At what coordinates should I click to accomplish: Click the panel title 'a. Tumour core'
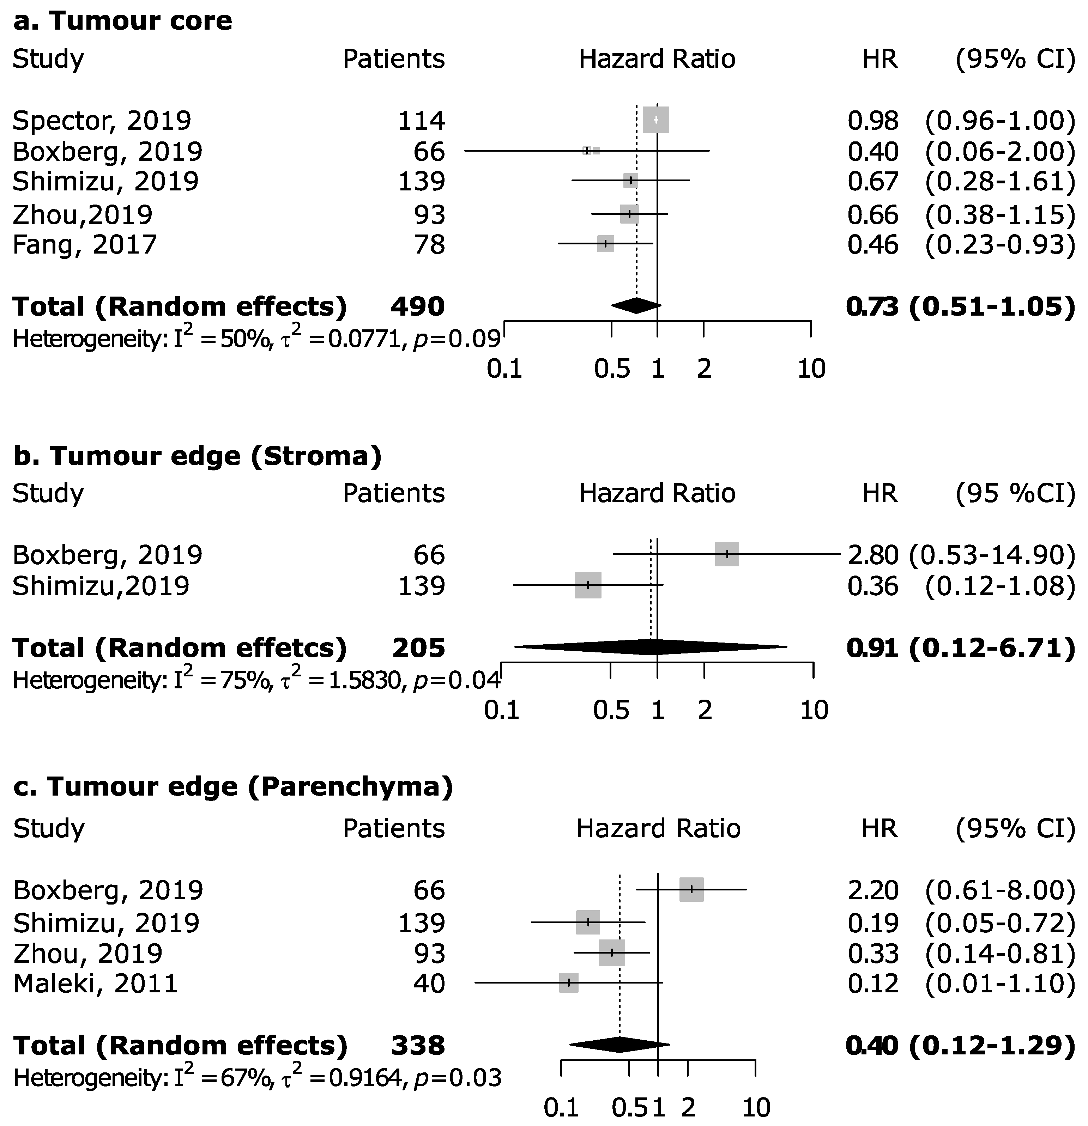(122, 21)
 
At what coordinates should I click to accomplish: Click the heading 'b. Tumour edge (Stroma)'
(197, 456)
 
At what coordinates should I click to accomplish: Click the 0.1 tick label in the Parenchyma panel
(561, 1107)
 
